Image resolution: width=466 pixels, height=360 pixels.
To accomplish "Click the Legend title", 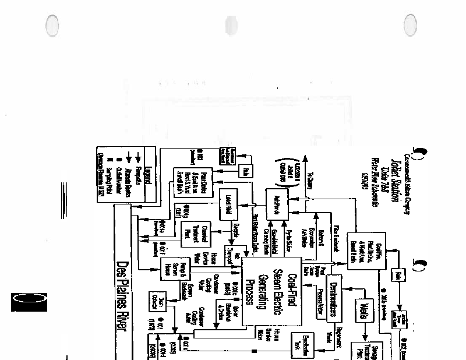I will point(148,174).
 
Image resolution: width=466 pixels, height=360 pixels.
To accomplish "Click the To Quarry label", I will point(310,181).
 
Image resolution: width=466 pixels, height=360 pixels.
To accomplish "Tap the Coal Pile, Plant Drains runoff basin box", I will point(363,249).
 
